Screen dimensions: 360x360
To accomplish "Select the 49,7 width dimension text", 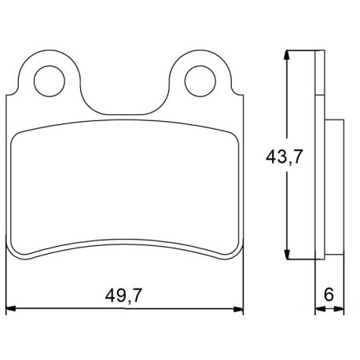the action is (x=123, y=296).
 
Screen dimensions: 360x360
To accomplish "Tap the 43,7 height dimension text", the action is (x=285, y=156).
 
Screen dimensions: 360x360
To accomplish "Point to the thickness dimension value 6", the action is (x=329, y=294).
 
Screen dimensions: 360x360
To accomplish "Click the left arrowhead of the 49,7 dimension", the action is (x=11, y=309).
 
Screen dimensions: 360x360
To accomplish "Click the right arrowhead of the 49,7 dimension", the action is (x=238, y=309).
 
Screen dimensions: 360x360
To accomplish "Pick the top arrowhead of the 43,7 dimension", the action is (x=287, y=55).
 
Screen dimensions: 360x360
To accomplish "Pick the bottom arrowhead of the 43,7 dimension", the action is (x=287, y=254).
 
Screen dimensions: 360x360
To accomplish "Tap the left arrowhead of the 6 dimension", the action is (x=320, y=309).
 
